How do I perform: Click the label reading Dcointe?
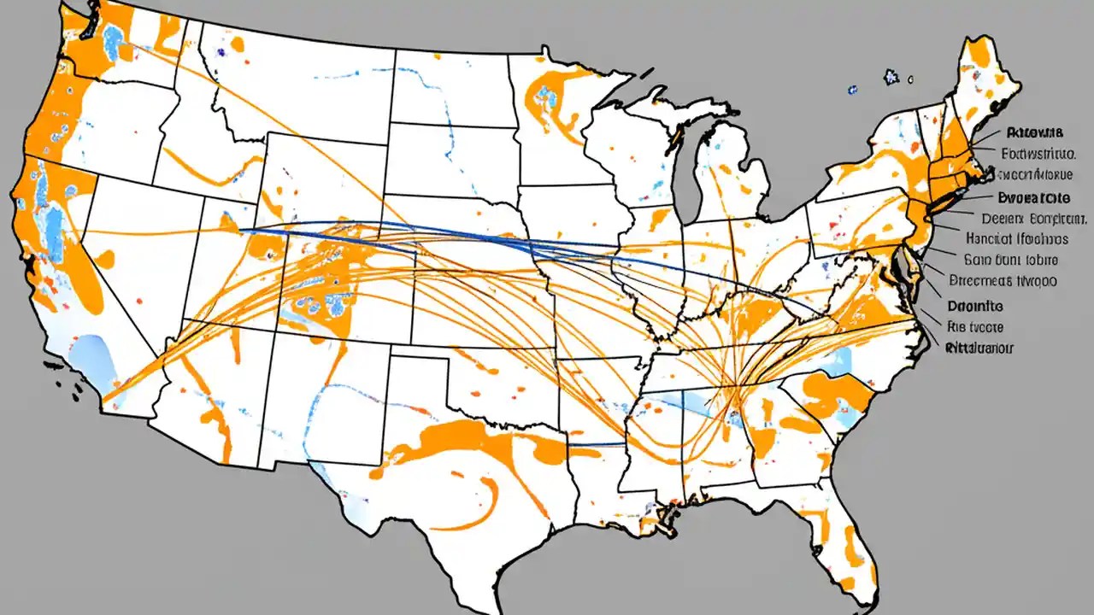[976, 305]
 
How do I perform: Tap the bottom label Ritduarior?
[979, 348]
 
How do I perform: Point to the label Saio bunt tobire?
[1010, 261]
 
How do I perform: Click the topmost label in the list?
[1034, 132]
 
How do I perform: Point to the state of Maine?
[983, 77]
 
